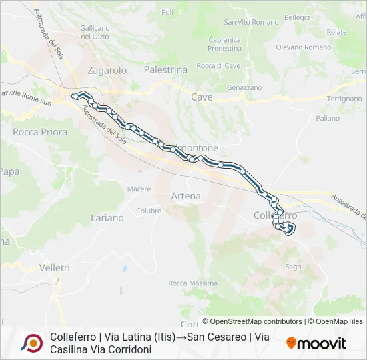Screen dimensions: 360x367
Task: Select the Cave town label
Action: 202,97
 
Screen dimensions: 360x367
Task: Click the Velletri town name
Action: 55,267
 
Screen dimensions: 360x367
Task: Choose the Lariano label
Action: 107,218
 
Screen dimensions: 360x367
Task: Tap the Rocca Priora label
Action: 40,132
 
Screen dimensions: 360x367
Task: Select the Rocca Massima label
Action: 193,283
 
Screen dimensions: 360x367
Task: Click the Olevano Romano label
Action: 304,47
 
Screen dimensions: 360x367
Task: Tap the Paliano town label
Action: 328,118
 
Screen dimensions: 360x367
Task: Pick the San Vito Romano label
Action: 242,22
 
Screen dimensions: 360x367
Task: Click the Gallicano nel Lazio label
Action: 95,32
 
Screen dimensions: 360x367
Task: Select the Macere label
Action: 139,189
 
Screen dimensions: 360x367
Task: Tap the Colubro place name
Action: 149,211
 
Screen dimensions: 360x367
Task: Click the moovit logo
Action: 316,344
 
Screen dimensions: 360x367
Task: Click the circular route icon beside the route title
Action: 31,343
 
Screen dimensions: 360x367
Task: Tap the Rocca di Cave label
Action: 218,65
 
